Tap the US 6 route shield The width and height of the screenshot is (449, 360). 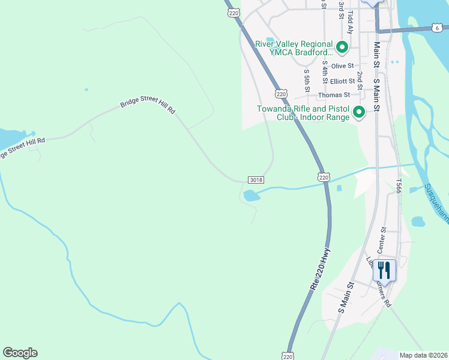coord(438,28)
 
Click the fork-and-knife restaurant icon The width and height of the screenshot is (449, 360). coord(384,270)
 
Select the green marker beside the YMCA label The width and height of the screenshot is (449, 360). coord(342,46)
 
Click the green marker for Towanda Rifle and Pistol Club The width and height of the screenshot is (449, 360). coord(359,112)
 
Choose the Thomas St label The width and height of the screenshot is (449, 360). coord(334,95)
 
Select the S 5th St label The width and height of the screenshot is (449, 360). coord(307,80)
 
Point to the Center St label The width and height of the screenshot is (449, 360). coord(381,239)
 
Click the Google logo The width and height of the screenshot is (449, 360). coord(20,353)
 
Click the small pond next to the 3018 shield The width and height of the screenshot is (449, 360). coord(252,196)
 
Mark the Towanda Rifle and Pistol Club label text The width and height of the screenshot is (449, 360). coord(303,113)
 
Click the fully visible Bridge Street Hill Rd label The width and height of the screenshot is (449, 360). coord(147,104)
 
